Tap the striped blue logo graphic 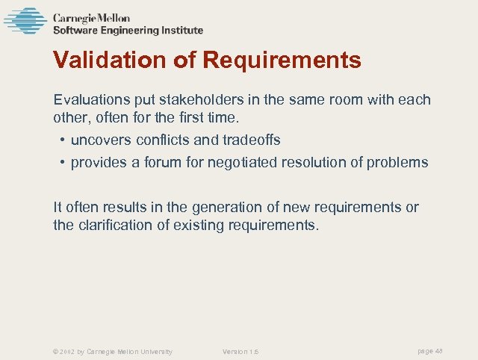25,21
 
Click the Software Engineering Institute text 128,31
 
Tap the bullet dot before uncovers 62,140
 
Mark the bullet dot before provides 62,163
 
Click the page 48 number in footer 430,350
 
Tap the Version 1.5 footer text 240,351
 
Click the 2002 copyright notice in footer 112,351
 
